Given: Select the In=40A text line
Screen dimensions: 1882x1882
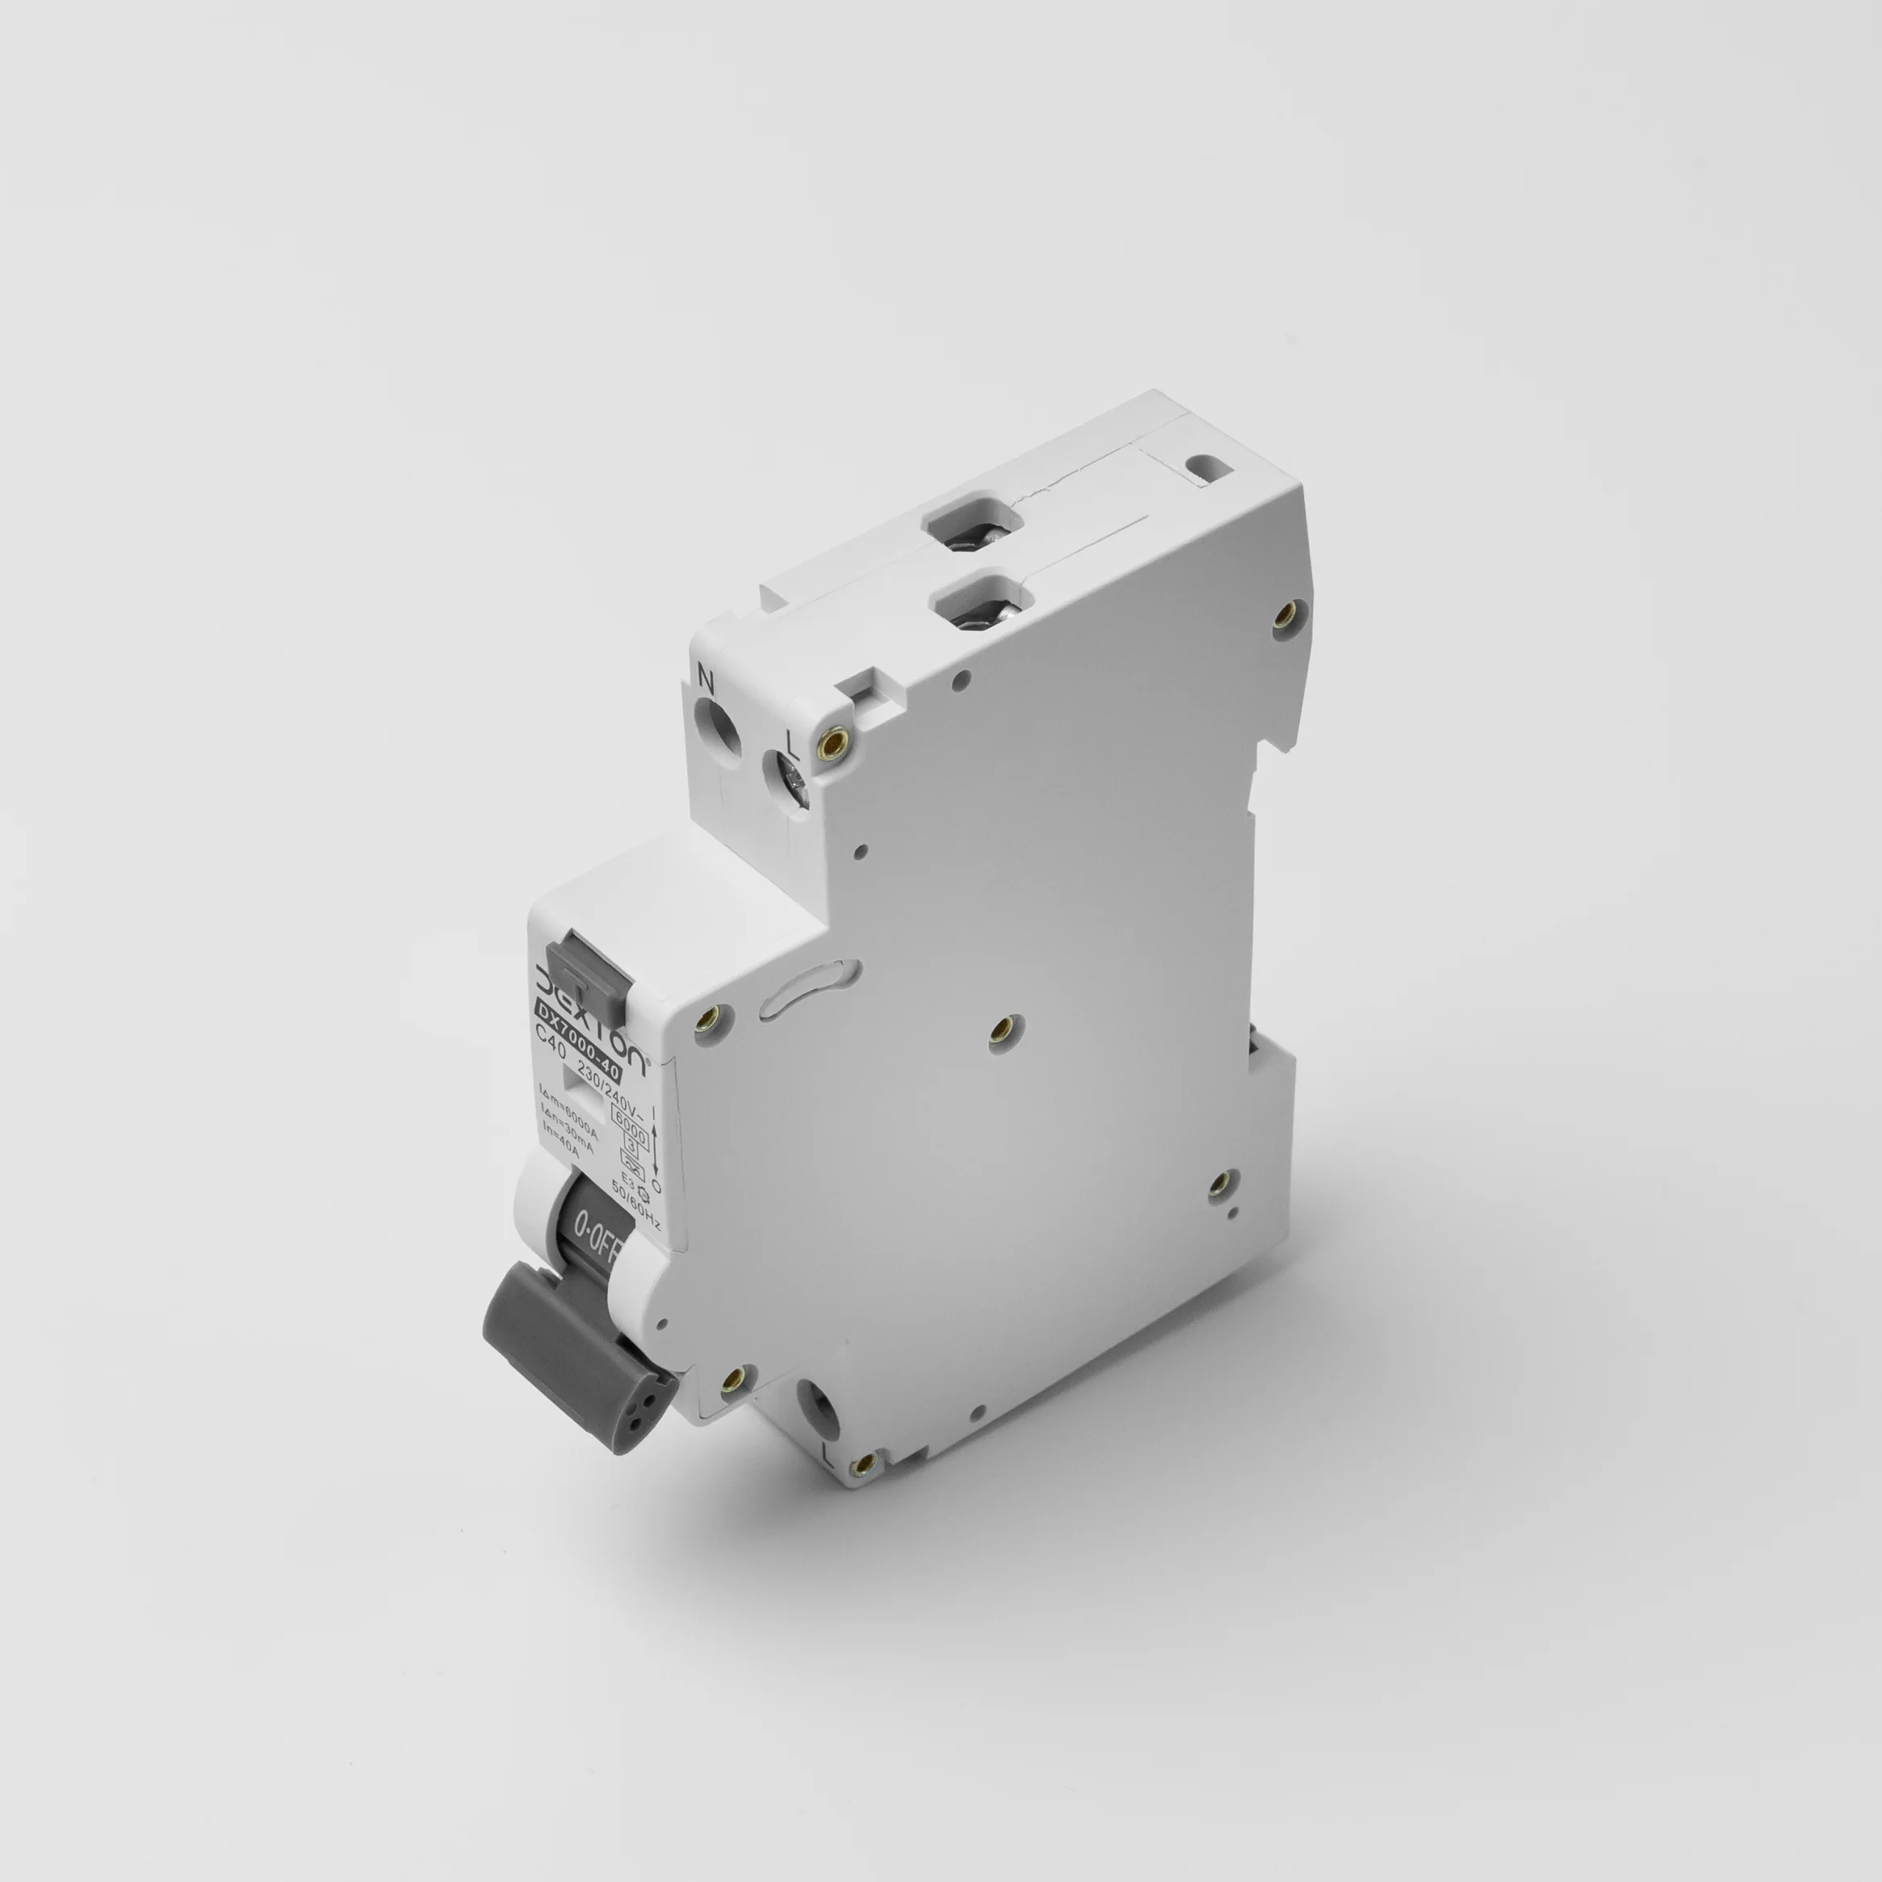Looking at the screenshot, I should click(561, 1140).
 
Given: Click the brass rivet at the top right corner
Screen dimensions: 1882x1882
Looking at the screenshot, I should click(1287, 612).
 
